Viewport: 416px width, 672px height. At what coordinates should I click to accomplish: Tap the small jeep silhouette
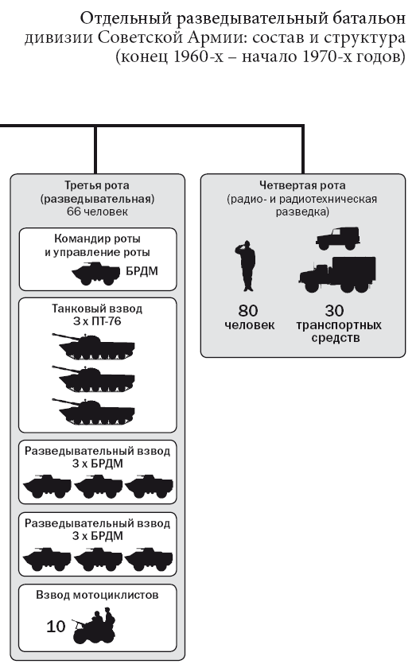(337, 239)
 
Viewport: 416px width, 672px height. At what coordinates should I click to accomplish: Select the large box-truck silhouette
(337, 274)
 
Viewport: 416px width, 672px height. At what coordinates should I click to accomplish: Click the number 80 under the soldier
(248, 310)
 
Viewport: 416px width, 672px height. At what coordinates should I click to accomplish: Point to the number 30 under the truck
(335, 310)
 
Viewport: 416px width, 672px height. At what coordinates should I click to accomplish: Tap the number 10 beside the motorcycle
(56, 627)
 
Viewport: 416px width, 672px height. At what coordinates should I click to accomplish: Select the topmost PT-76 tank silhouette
(94, 347)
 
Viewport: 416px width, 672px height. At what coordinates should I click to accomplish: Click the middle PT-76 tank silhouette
(94, 379)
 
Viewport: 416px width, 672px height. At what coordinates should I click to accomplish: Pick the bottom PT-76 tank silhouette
(94, 411)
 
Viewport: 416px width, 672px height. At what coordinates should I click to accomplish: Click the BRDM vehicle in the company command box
(96, 274)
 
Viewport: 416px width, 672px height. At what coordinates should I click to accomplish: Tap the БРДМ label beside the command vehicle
(142, 271)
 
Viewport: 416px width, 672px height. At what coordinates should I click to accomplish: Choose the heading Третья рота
(97, 185)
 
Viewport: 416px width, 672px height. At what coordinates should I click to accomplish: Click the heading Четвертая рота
(302, 185)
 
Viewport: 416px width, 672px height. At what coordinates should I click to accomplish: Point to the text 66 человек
(97, 212)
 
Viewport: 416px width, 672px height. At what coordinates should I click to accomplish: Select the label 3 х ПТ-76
(97, 321)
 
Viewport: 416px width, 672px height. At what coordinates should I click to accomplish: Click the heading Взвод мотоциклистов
(97, 595)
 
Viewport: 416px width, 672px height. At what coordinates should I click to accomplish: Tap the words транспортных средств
(338, 332)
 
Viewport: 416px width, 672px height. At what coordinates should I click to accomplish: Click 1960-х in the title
(199, 56)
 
